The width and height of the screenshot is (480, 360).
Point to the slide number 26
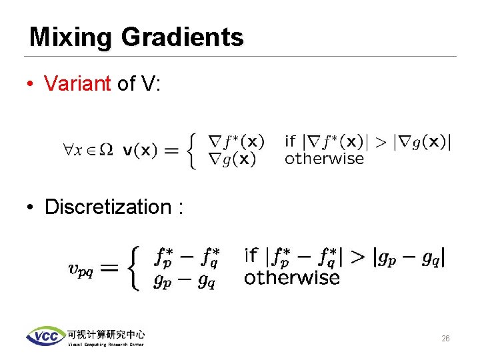pos(445,339)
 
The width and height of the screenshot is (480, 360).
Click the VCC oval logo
pos(45,336)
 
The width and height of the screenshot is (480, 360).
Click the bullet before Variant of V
pos(31,84)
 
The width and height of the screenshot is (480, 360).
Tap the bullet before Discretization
pos(31,207)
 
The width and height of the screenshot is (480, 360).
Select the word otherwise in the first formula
pos(324,159)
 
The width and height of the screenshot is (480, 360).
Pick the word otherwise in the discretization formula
pos(291,277)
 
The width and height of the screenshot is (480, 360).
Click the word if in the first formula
pos(290,141)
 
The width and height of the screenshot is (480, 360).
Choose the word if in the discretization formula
pos(251,255)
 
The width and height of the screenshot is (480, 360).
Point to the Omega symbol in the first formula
pos(105,150)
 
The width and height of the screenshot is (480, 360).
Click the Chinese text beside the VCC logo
pos(105,333)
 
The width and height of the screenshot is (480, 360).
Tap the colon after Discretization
pos(179,207)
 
